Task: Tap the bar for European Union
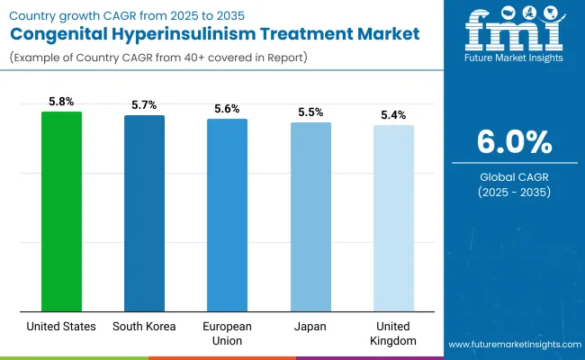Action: pos(227,215)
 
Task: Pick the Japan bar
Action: pos(310,217)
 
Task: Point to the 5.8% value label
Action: pos(61,103)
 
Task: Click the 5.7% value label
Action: pos(144,106)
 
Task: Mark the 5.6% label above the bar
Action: pos(227,109)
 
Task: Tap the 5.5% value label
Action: pos(310,112)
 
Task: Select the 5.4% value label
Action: pos(393,115)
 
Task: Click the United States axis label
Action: pos(61,326)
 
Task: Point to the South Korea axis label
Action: pos(144,326)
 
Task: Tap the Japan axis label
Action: pos(310,326)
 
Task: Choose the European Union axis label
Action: pos(227,333)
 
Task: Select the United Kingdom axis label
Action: pos(393,333)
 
